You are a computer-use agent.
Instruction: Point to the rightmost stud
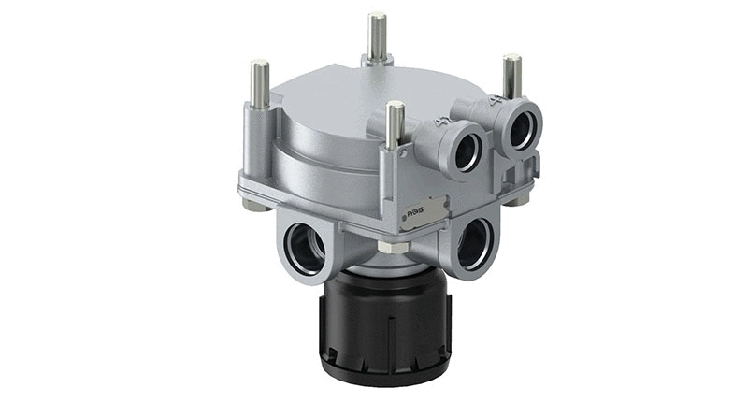[511, 76]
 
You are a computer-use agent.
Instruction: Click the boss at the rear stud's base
[377, 61]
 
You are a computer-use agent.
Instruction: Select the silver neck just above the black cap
[385, 263]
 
